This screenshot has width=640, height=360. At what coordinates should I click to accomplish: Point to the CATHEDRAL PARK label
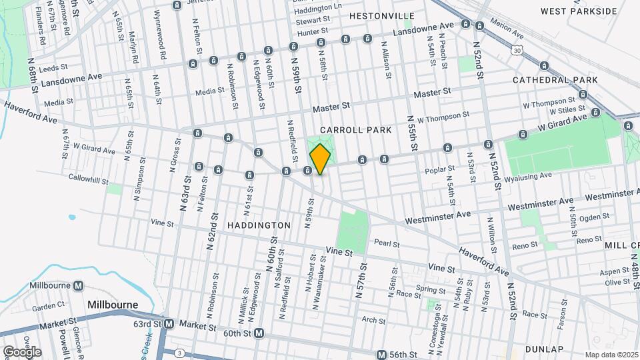point(555,80)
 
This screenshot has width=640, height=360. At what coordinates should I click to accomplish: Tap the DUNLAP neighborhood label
point(544,349)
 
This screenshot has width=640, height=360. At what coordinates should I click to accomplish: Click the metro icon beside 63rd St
point(169,324)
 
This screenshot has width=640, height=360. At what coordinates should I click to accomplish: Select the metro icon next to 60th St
point(259,333)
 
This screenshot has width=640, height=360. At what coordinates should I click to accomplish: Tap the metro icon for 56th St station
point(381,355)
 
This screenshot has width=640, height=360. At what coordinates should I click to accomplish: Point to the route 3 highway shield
point(179,352)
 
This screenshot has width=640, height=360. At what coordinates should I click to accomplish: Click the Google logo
point(22,351)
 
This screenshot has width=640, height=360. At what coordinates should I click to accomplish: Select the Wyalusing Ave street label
point(529,177)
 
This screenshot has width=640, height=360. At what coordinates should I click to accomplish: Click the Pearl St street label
point(387,243)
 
